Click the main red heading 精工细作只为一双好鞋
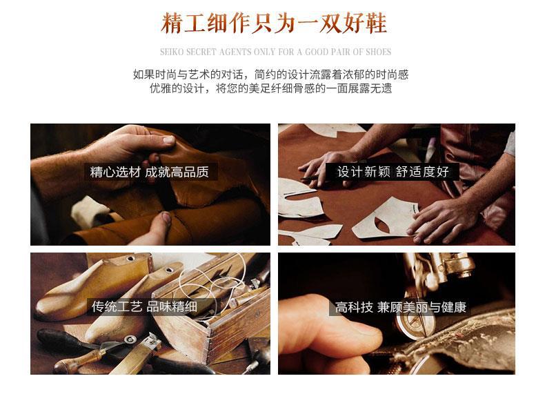click(274, 23)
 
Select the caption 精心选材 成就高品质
click(150, 172)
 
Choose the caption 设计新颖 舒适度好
click(393, 172)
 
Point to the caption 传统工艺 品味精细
click(144, 307)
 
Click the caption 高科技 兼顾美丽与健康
click(400, 308)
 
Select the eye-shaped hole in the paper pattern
click(382, 225)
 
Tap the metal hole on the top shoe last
click(130, 259)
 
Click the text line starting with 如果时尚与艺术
click(270, 75)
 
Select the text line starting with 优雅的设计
click(270, 88)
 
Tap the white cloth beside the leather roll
click(90, 210)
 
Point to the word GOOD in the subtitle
click(317, 52)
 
